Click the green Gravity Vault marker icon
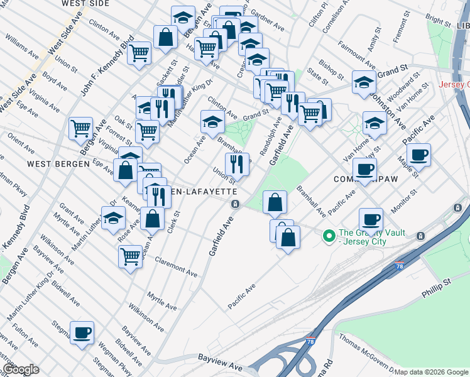click(328, 237)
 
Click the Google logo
click(21, 369)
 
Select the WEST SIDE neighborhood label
click(86, 3)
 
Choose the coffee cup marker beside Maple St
click(418, 155)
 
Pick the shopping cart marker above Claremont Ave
click(130, 256)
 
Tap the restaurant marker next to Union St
click(237, 165)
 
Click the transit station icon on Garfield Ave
click(235, 204)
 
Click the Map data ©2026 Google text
click(431, 372)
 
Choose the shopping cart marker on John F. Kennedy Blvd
click(139, 52)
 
